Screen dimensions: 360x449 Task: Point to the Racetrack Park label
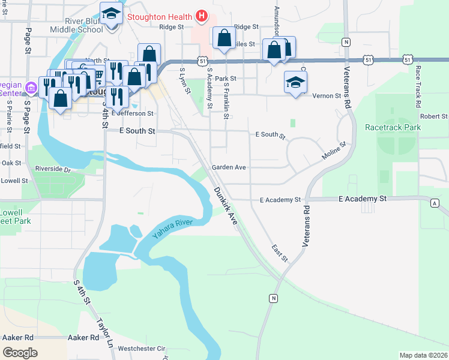[393, 127]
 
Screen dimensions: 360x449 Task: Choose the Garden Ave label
[229, 167]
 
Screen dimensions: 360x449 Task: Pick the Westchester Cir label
[141, 348]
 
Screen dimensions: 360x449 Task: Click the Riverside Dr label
[53, 170]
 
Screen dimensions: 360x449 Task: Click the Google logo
[20, 353]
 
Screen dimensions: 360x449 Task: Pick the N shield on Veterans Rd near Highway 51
[346, 42]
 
